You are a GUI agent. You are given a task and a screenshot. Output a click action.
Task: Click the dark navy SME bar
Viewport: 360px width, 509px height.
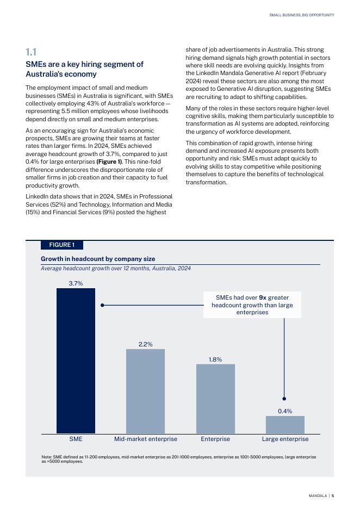[76, 361]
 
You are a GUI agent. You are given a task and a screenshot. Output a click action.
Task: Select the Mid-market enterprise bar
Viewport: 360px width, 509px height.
[145, 391]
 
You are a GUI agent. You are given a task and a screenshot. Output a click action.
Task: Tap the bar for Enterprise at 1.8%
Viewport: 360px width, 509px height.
[215, 399]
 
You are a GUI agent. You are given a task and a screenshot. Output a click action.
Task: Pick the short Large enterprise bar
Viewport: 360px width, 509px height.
[285, 425]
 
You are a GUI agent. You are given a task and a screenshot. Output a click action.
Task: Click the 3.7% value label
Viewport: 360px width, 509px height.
[76, 283]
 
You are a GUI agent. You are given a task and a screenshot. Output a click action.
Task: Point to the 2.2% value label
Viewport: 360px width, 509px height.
[145, 344]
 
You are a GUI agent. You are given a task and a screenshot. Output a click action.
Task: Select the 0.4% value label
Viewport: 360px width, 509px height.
[285, 411]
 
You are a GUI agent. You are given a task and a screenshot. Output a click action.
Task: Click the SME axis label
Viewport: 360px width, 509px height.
[76, 439]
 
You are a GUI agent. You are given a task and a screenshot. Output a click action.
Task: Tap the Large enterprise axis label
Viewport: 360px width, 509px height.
[285, 439]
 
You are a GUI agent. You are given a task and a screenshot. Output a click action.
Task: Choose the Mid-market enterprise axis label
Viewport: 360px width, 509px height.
[145, 439]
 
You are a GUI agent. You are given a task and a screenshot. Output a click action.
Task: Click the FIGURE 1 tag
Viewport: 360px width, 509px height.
[61, 245]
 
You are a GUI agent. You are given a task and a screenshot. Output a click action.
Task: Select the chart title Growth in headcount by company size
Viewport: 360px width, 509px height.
[98, 259]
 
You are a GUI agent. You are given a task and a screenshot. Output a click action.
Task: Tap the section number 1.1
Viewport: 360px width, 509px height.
[31, 52]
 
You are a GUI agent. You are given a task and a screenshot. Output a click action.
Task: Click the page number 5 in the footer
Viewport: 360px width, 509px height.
[333, 495]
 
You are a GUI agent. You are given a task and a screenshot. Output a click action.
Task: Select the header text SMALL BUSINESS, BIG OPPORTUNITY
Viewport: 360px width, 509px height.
[302, 15]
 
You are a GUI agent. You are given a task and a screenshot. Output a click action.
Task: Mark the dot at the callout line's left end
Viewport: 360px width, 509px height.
[102, 305]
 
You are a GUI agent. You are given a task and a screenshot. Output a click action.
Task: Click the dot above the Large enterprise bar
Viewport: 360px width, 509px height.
[284, 399]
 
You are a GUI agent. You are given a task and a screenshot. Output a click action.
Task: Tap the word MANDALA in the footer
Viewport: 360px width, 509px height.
[318, 495]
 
